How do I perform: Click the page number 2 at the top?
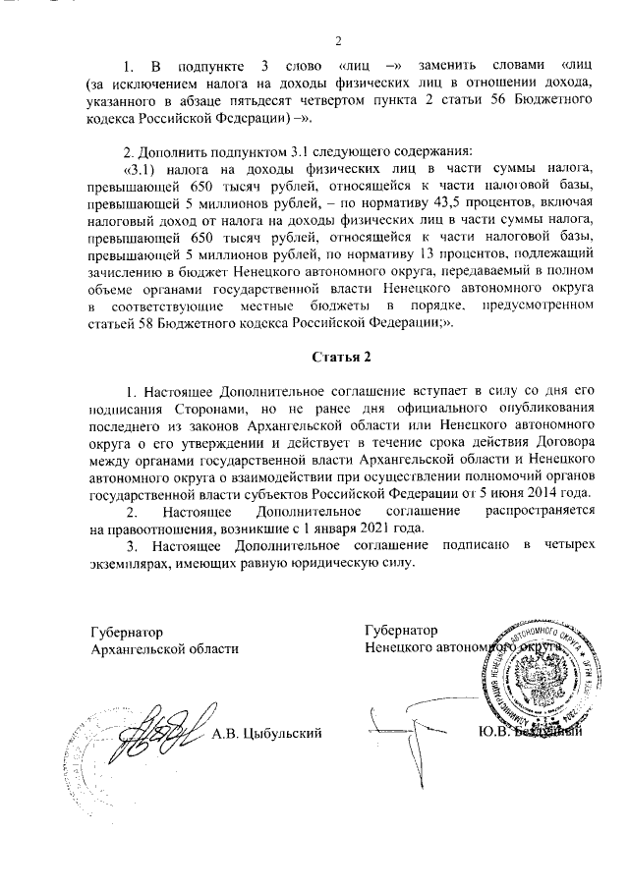click(x=336, y=40)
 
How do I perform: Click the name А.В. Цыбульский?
click(x=266, y=733)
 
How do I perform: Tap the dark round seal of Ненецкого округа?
click(x=536, y=670)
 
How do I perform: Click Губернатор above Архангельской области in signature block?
click(x=126, y=631)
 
